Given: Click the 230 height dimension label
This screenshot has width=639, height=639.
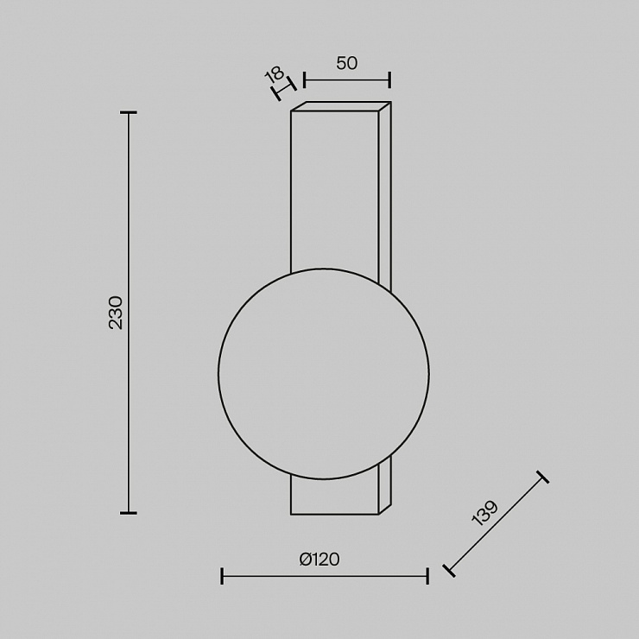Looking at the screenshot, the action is (x=117, y=313).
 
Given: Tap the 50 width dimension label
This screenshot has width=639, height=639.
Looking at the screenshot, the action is (x=347, y=63).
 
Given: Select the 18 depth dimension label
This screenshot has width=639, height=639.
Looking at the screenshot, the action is (x=274, y=74).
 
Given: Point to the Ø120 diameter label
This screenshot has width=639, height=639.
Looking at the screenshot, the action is (x=319, y=560).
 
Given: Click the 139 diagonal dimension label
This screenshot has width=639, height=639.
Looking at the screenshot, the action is (x=485, y=513).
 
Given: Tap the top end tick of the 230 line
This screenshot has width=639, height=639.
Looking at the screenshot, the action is (x=129, y=112).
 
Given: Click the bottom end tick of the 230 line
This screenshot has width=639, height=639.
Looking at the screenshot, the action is (x=129, y=513).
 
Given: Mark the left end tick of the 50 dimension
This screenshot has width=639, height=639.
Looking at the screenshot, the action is (x=305, y=79).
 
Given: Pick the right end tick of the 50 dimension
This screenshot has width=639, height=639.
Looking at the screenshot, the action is (x=390, y=79).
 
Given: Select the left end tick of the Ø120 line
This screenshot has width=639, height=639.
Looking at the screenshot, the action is (x=222, y=576).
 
